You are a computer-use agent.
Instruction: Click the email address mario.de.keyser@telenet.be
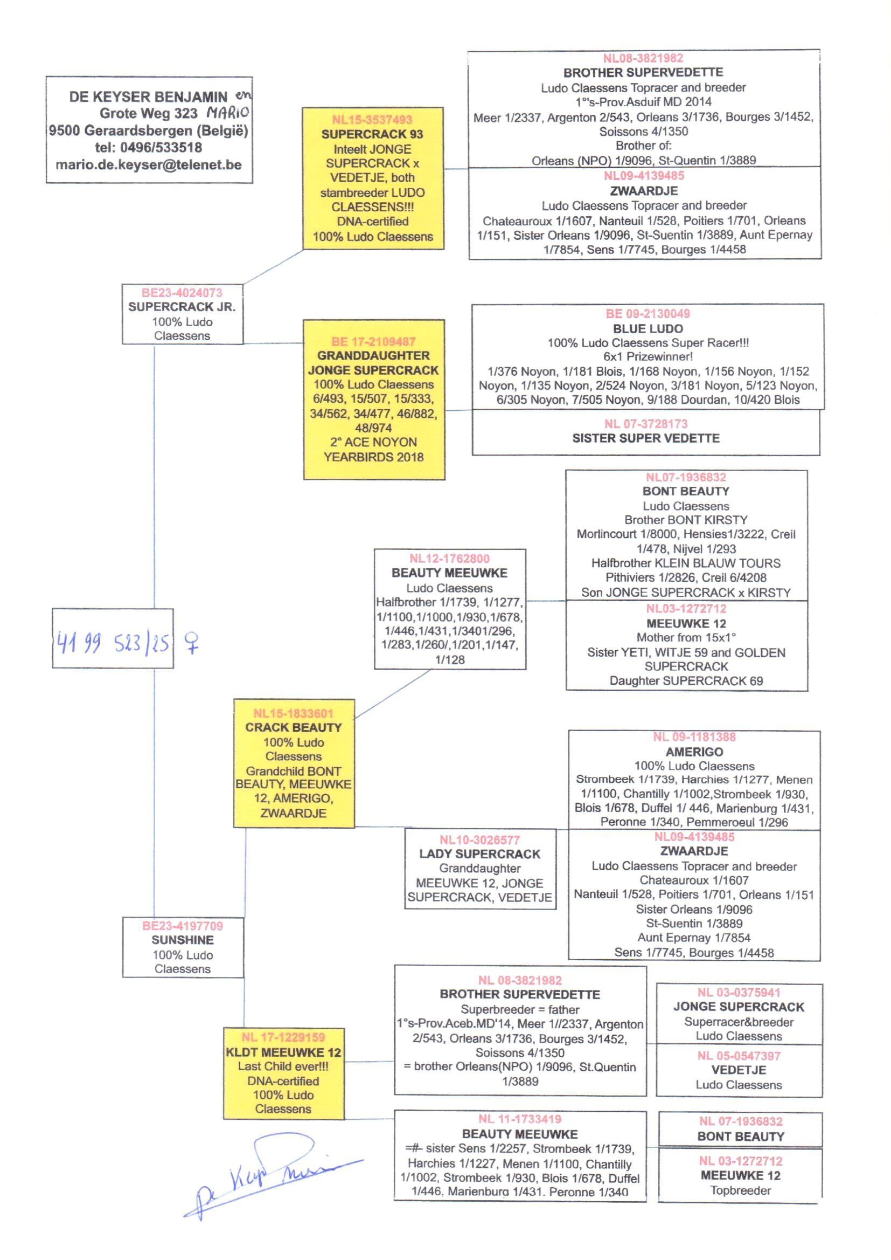[x=149, y=164]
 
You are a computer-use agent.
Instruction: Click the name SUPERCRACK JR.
[x=182, y=307]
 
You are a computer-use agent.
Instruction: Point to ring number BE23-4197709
[x=182, y=926]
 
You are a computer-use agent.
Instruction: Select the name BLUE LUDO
[x=648, y=329]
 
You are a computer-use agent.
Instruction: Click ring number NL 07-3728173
[x=645, y=424]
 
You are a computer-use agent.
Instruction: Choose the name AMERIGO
[x=694, y=752]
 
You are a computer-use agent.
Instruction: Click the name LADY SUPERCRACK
[x=479, y=853]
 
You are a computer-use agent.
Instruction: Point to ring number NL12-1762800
[x=449, y=559]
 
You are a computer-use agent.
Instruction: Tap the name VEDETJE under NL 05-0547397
[x=739, y=1070]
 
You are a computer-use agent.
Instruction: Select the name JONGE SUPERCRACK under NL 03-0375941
[x=739, y=1007]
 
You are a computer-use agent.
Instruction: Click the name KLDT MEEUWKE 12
[x=283, y=1052]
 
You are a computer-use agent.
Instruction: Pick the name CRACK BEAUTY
[x=294, y=727]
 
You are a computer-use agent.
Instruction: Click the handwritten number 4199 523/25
[x=113, y=642]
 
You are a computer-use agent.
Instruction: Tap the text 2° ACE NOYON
[x=373, y=442]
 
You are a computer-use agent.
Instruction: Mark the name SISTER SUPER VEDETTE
[x=645, y=438]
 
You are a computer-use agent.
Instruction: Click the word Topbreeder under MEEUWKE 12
[x=740, y=1190]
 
